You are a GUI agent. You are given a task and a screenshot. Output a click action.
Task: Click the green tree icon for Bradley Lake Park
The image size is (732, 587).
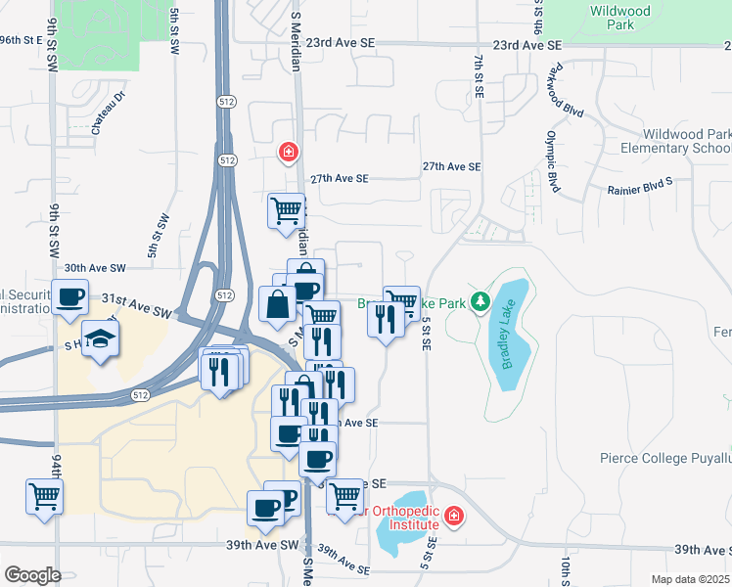click(x=480, y=302)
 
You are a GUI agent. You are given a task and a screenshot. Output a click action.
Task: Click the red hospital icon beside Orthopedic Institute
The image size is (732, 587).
click(x=453, y=516)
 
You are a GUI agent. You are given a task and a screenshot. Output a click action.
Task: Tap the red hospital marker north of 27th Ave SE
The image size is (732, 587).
click(x=288, y=152)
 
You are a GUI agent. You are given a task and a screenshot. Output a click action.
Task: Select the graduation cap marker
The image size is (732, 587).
click(x=99, y=339)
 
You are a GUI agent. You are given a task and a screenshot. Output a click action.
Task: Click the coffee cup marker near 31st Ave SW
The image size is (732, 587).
click(x=70, y=296)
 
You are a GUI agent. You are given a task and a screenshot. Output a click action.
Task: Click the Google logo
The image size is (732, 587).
click(x=32, y=575)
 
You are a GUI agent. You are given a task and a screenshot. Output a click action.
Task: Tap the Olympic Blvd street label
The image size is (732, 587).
click(x=554, y=160)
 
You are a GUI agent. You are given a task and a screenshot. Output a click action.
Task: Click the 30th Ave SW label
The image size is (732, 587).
click(x=96, y=267)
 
